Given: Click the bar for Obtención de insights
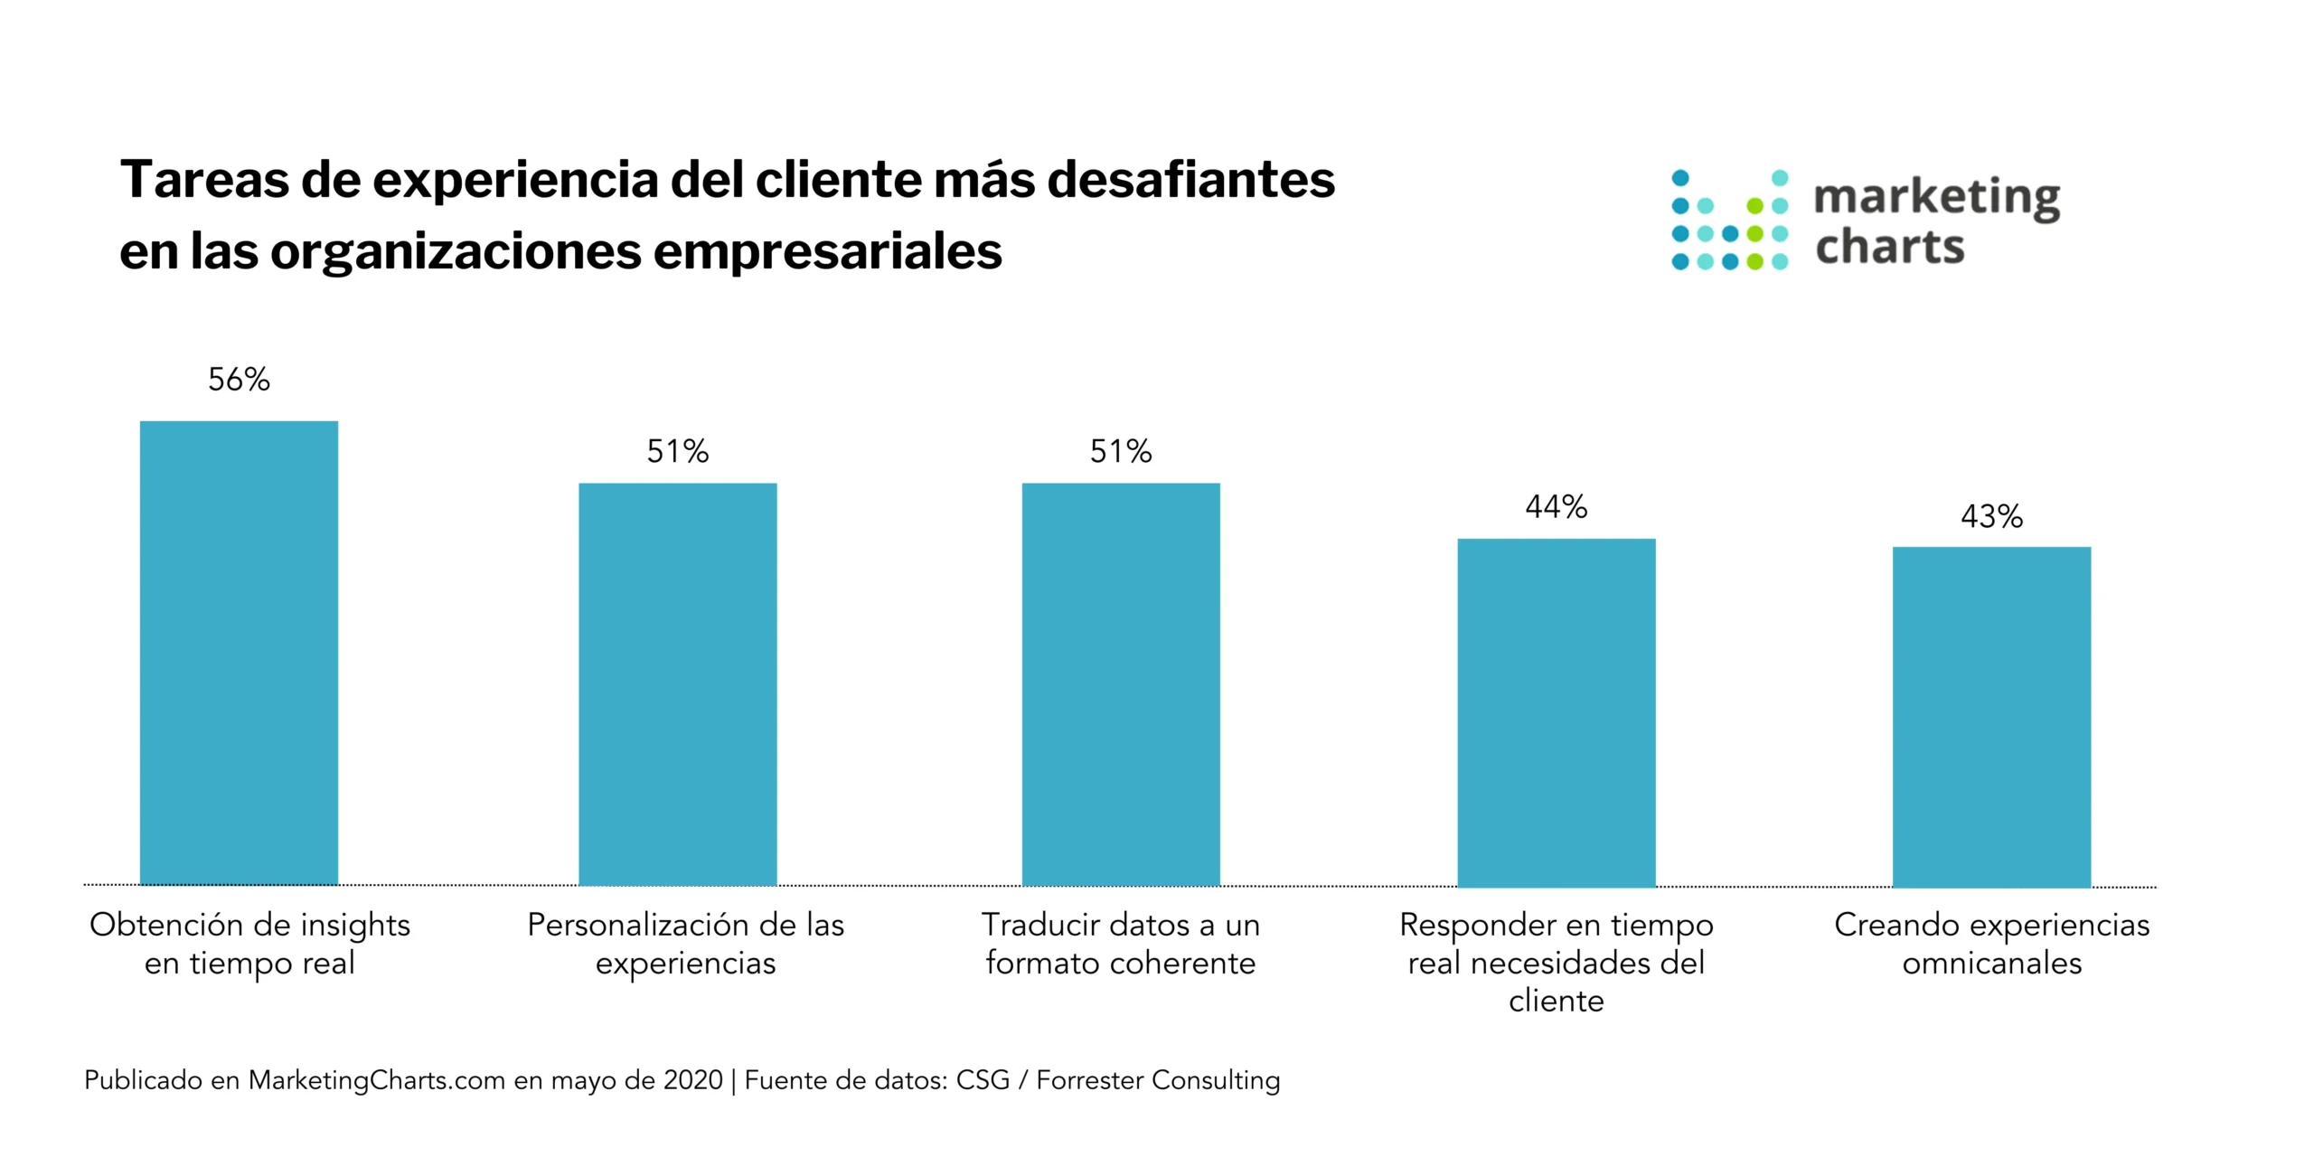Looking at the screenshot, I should tap(239, 653).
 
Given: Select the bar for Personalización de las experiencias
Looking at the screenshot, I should tap(677, 684).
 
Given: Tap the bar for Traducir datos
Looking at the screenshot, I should tap(1121, 684).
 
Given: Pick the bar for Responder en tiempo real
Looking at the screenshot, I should tap(1556, 712).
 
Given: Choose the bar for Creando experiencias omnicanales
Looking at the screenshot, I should tap(1991, 716).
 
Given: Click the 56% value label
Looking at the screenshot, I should tap(239, 380).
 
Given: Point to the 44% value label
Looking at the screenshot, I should tap(1556, 507).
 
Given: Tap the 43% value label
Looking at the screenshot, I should tap(1991, 517).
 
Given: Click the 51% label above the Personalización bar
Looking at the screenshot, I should tap(677, 451).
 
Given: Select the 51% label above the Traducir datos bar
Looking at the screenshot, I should tap(1121, 451).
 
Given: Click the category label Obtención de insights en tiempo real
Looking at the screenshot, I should tap(249, 944).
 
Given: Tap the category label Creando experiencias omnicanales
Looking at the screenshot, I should tap(1991, 944).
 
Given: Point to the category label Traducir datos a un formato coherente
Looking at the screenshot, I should tap(1121, 944).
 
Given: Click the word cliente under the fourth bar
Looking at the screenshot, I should tap(1556, 1002).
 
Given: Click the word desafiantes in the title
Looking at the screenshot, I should tap(1190, 179).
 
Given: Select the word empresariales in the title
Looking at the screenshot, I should tap(827, 250).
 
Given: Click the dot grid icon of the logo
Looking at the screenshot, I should tap(1729, 220).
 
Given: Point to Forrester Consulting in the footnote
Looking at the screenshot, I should tap(1158, 1080).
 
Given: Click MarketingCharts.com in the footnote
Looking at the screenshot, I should tap(376, 1080).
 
